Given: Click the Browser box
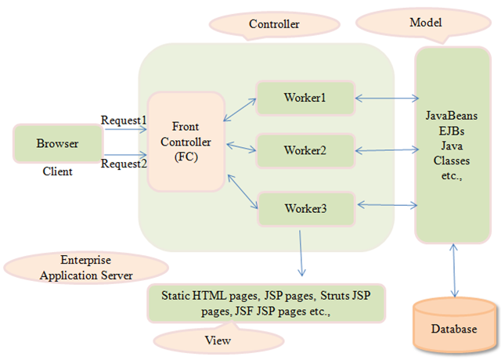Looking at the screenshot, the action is coord(58,143).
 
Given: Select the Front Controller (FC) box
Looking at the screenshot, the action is coord(186,142).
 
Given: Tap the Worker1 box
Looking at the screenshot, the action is coord(305,98).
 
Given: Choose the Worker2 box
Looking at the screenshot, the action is coord(305,150).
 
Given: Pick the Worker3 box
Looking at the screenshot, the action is coord(306,209).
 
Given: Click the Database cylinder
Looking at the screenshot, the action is coord(455,326).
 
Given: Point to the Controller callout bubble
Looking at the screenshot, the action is coord(274,24).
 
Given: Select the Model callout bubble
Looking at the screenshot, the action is coord(424,23).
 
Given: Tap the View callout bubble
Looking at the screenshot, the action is coord(218,339).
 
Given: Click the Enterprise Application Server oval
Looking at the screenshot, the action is coord(86,268).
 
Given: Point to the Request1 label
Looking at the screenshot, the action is coord(124,120).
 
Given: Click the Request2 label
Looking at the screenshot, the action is coord(124,164).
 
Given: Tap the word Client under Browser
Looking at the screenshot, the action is coord(57,171).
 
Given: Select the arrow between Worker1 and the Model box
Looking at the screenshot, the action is coord(387,99).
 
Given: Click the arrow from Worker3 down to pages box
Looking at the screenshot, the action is coord(301,253).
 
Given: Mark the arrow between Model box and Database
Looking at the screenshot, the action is coord(454,271).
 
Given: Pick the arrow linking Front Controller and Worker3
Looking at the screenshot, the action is coord(243,191).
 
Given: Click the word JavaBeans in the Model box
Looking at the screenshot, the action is coord(452,116).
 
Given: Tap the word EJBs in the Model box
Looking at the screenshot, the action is coord(452,131).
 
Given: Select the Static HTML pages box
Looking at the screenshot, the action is coord(266,303).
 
